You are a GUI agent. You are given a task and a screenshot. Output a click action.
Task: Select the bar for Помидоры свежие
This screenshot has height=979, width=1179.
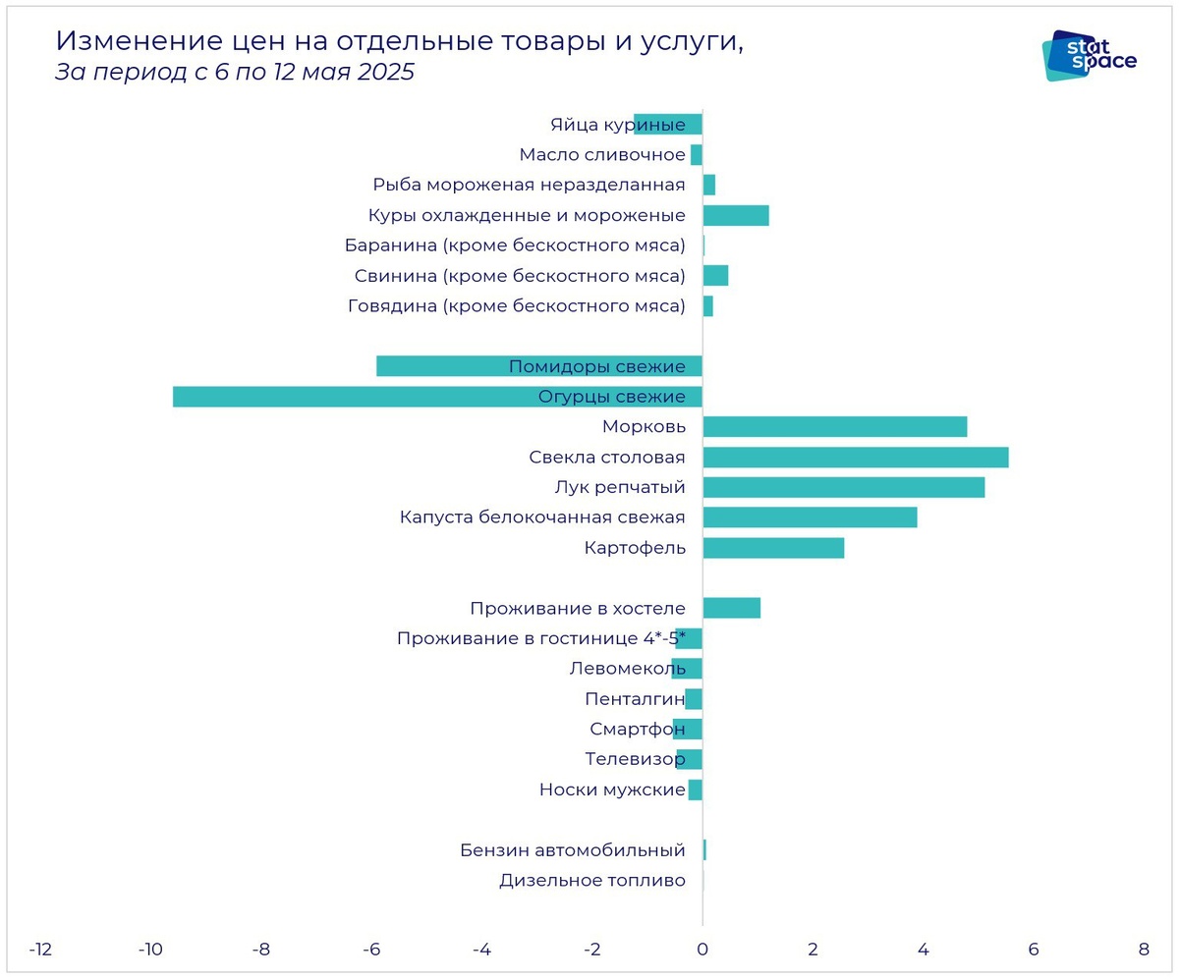[442, 366]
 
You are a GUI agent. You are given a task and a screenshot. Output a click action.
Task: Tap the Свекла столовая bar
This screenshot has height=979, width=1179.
[855, 458]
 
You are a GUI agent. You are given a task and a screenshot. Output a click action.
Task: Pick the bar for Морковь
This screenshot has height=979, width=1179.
[835, 427]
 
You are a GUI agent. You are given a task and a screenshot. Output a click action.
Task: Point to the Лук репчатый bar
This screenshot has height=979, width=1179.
[843, 488]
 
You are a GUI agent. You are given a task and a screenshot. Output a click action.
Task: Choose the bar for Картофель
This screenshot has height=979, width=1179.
[773, 548]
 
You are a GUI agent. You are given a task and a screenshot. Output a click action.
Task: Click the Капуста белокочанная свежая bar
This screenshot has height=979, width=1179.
[810, 517]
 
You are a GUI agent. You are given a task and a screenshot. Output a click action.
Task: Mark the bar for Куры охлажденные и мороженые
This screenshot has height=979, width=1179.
[736, 216]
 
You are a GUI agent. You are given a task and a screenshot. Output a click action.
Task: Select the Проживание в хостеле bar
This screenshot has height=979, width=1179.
[732, 608]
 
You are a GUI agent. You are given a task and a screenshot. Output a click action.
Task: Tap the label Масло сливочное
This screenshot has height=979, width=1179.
[601, 154]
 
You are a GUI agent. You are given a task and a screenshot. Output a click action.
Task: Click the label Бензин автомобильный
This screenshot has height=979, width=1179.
[572, 850]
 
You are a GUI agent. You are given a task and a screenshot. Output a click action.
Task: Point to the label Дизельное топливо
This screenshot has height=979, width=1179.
[591, 881]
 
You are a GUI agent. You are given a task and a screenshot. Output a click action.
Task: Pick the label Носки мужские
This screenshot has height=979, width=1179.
[611, 789]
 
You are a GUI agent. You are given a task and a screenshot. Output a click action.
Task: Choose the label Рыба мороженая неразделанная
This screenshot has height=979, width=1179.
[529, 185]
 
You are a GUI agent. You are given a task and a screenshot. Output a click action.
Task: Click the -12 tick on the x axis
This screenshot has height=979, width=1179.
[40, 950]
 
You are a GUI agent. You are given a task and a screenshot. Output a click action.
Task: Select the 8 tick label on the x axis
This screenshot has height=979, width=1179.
[1143, 950]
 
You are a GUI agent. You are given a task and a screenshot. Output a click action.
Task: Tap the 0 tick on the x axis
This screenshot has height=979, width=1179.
[702, 950]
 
